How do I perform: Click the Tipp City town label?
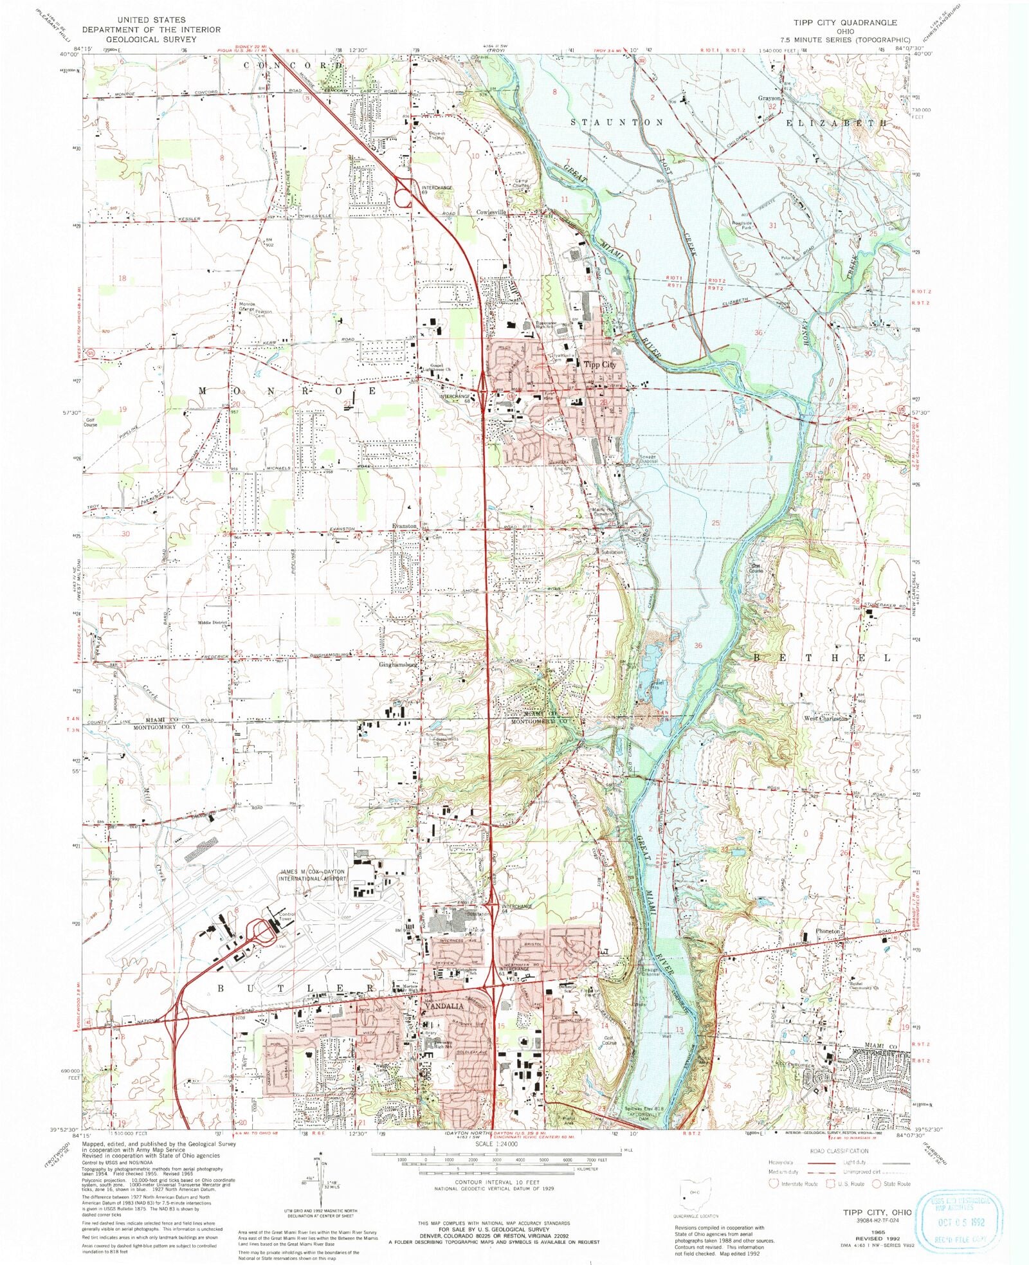(599, 365)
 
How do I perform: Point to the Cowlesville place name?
(491, 212)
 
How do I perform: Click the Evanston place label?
(405, 525)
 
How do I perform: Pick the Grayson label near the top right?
(769, 98)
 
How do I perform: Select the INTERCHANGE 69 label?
(437, 190)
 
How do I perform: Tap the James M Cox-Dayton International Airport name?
(313, 875)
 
